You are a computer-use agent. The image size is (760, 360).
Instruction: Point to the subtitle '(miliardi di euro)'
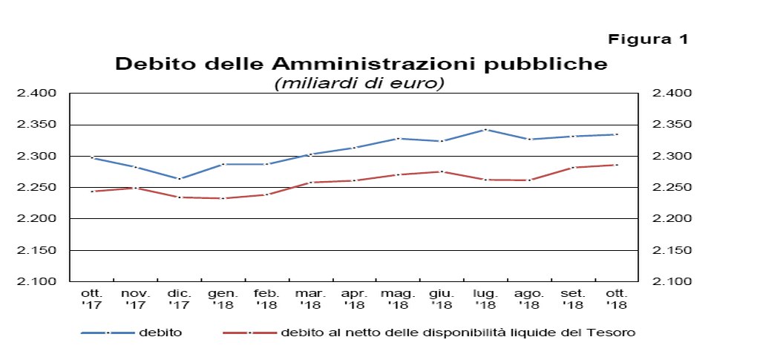[x=359, y=83]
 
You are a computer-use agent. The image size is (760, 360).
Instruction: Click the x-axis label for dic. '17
[x=179, y=299]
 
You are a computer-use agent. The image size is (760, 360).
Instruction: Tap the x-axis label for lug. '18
[x=485, y=299]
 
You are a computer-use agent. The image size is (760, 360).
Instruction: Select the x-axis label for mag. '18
[x=398, y=299]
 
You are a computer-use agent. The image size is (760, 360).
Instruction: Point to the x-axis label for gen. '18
[x=223, y=299]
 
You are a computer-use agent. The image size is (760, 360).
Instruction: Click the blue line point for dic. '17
[x=179, y=179]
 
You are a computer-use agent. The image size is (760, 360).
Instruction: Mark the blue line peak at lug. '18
[x=485, y=129]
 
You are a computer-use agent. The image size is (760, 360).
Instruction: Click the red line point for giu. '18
[x=442, y=171]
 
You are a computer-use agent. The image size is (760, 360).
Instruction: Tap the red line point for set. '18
[x=573, y=168]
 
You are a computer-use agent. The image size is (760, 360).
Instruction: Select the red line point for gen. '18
[x=223, y=198]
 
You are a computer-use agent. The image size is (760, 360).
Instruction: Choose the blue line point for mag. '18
[x=398, y=139]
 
